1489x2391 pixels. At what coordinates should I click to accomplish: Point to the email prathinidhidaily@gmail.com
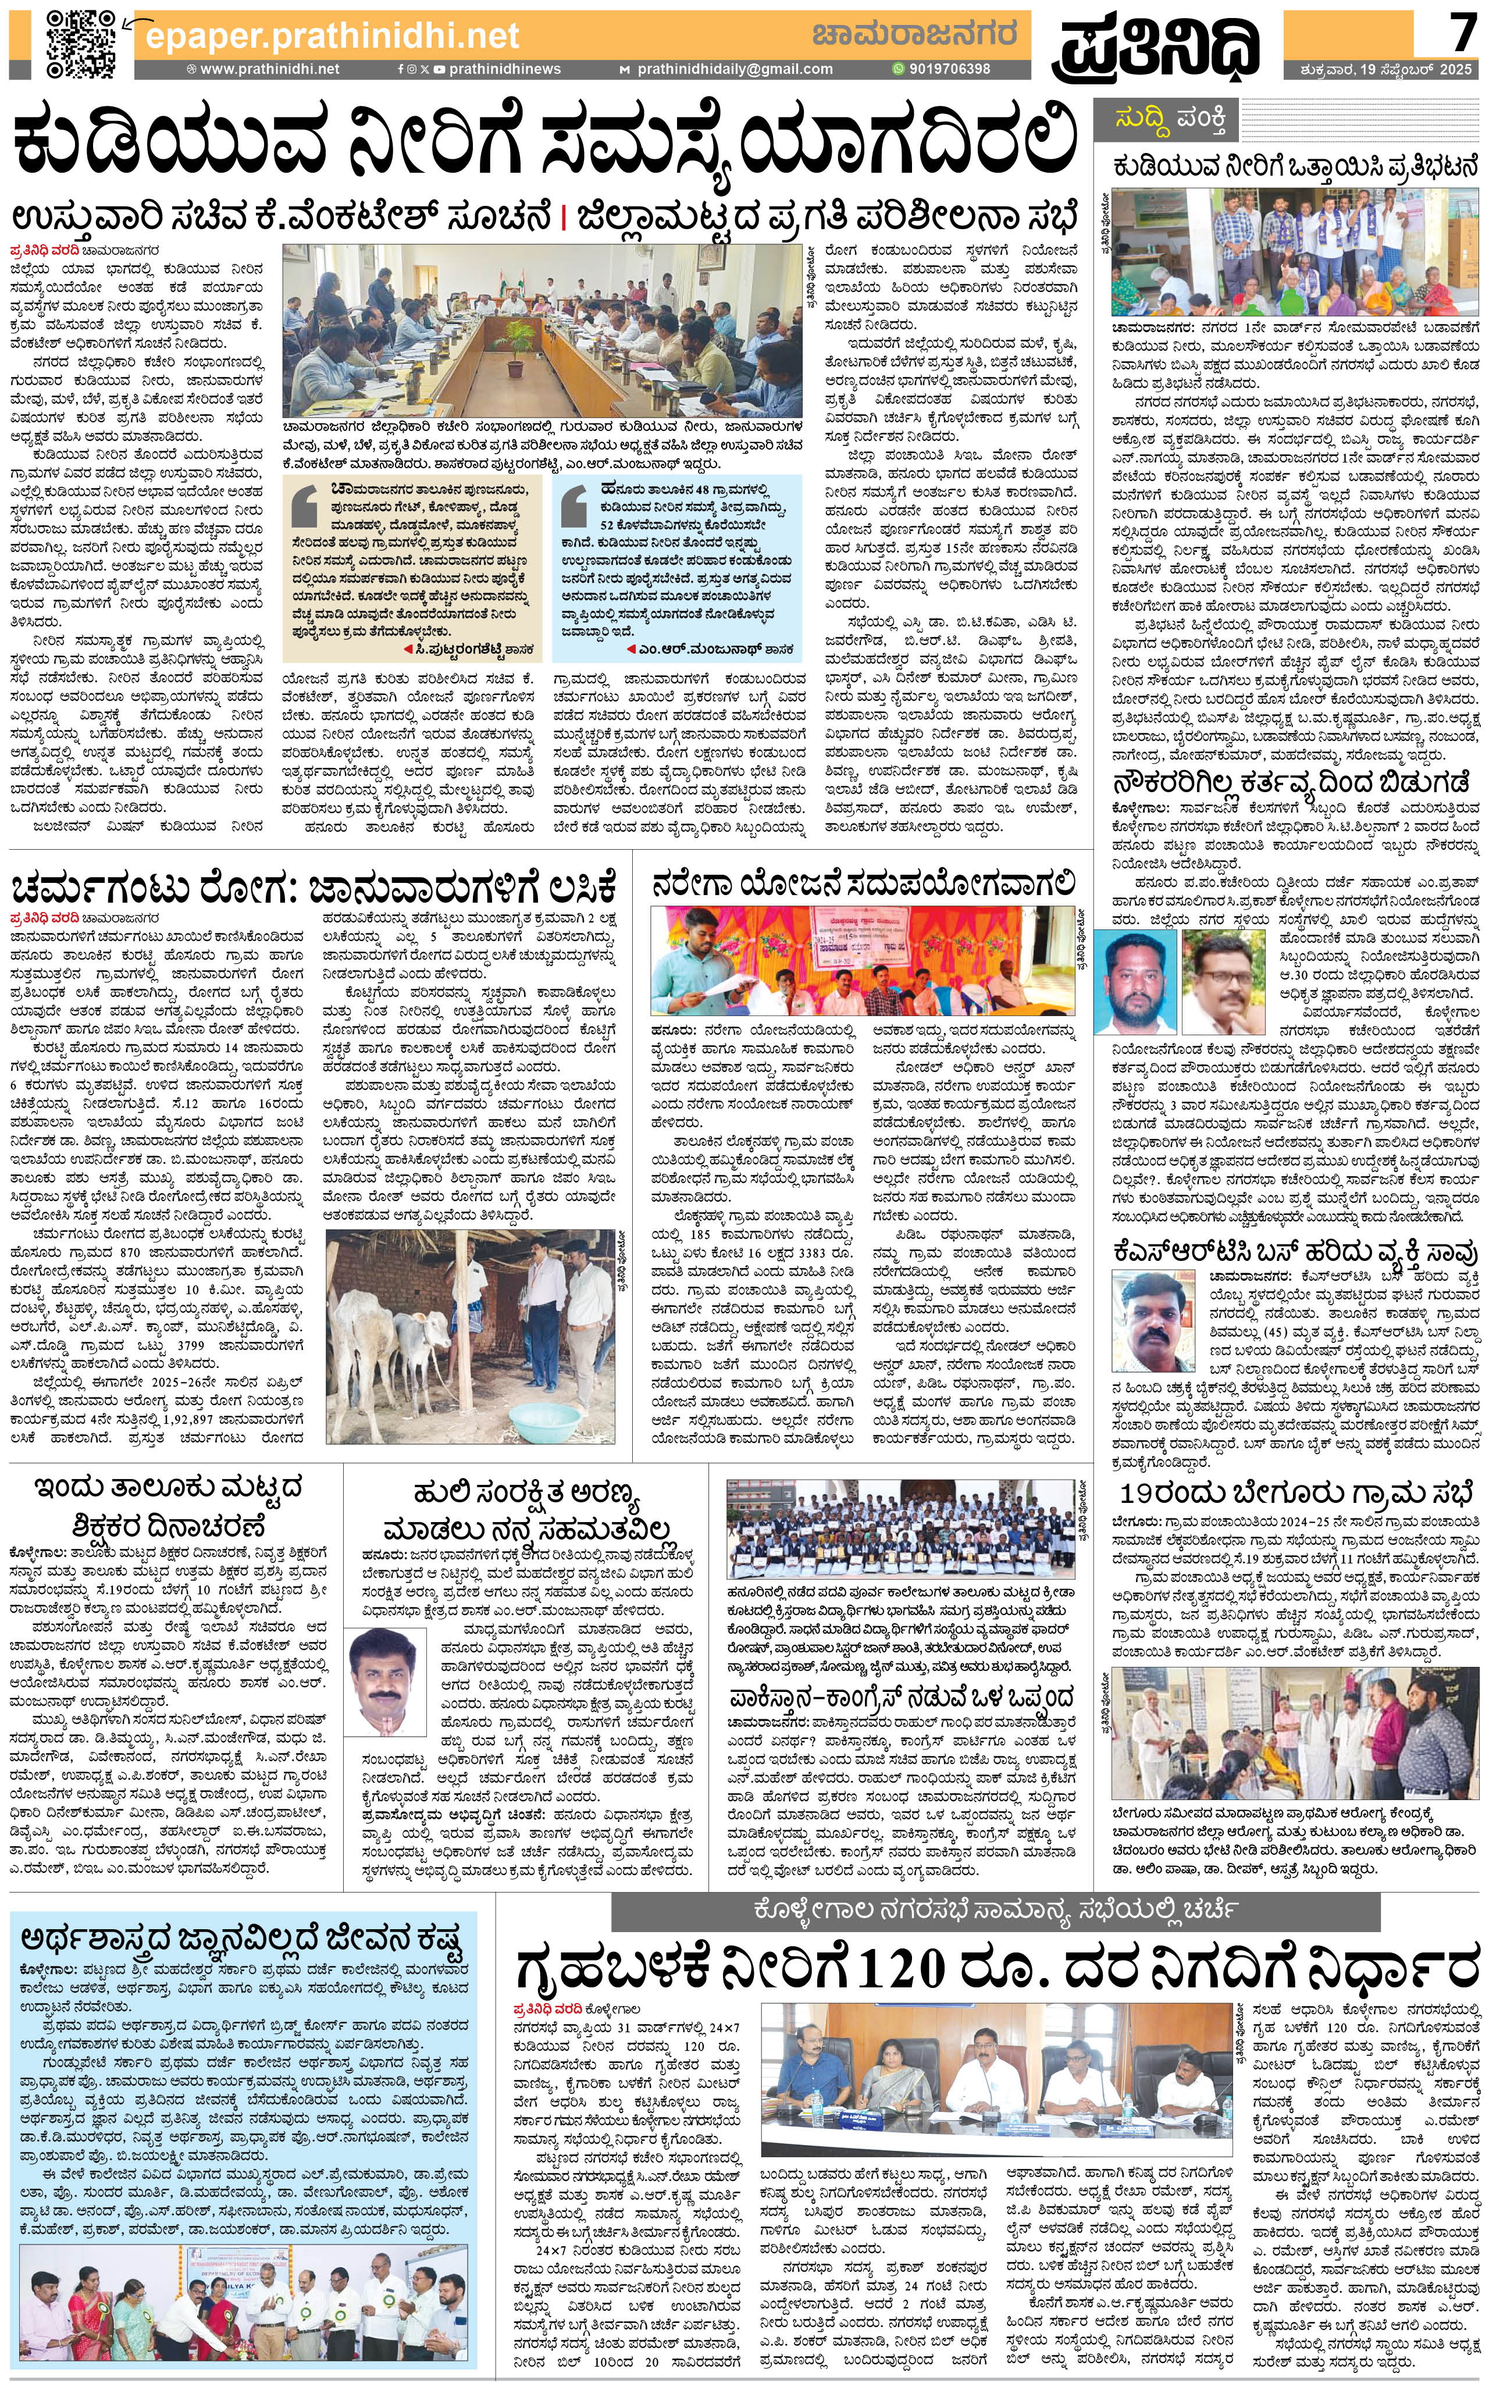(733, 69)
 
